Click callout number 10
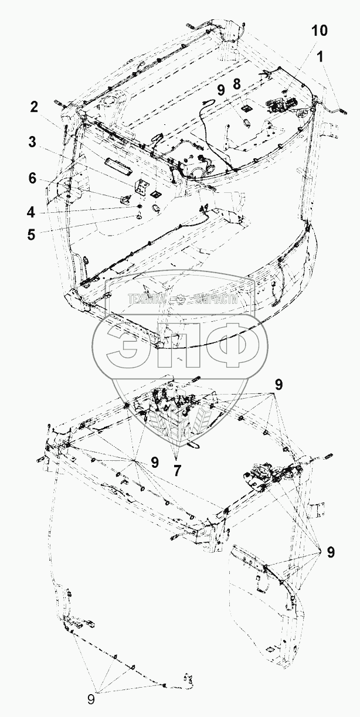point(320,31)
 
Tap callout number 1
point(320,57)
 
